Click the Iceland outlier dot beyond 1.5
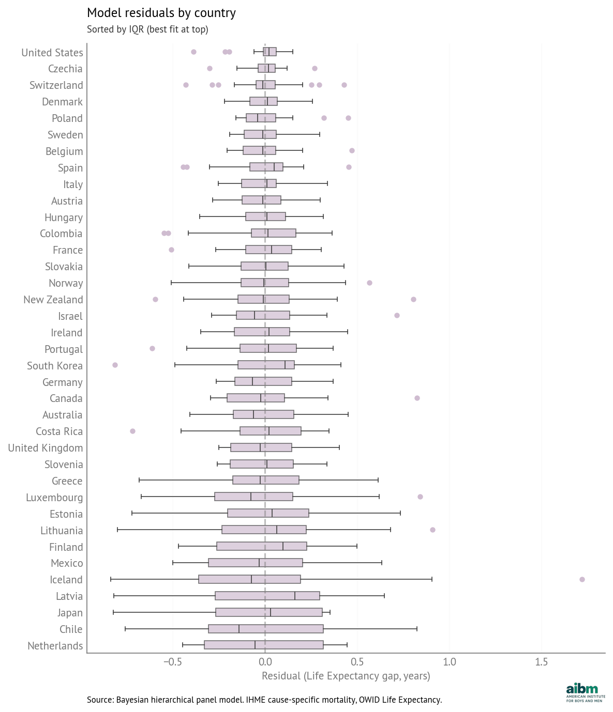(582, 579)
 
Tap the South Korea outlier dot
(115, 365)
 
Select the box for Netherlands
(263, 645)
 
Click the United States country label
(52, 53)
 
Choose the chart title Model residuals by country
(161, 13)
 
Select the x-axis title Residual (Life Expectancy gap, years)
(346, 676)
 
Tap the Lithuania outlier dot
(432, 530)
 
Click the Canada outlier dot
(417, 398)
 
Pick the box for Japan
(269, 612)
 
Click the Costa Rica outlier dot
(132, 431)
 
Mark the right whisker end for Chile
(417, 629)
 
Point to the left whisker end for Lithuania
(117, 530)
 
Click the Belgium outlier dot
(352, 150)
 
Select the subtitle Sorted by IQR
(147, 29)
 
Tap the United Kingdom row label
(46, 448)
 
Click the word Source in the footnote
(99, 700)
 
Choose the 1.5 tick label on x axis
(541, 662)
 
